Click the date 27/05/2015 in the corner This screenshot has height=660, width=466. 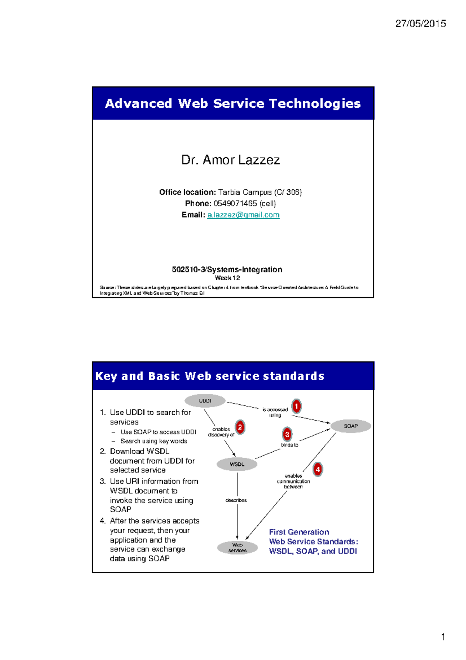click(421, 24)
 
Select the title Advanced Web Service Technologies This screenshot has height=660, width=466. click(233, 103)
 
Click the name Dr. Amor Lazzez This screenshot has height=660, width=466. click(231, 160)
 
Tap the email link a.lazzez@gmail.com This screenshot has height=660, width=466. click(243, 215)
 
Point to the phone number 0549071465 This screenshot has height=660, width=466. click(235, 203)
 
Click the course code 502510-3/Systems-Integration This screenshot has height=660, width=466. click(227, 269)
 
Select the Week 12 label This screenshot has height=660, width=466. click(227, 278)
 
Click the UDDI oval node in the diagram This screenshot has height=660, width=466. click(205, 401)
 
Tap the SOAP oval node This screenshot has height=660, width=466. click(351, 426)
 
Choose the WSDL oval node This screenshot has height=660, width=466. click(237, 464)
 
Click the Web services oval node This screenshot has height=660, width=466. click(237, 548)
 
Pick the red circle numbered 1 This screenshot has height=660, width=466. click(296, 407)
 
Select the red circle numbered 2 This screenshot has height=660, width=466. click(240, 427)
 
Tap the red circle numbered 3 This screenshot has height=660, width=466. click(287, 434)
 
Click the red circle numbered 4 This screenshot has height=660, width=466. click(318, 470)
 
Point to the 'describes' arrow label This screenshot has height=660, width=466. click(236, 500)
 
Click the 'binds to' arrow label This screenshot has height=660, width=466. click(290, 445)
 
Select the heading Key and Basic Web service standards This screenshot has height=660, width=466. click(210, 376)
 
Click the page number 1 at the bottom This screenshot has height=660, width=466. click(443, 637)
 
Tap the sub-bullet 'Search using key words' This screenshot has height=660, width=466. click(154, 441)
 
